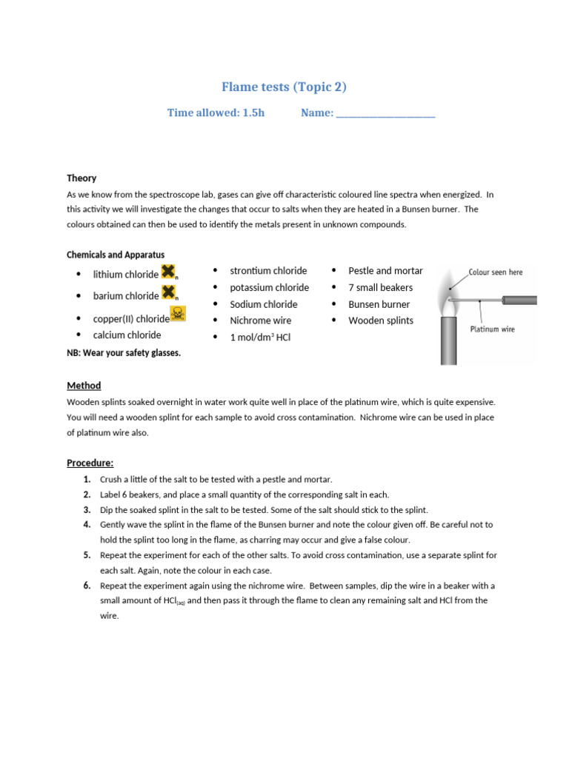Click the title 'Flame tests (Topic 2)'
(x=284, y=87)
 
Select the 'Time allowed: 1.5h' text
(x=216, y=113)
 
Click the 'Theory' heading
(x=81, y=178)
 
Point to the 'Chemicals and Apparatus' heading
(x=116, y=255)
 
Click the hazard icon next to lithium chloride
(x=169, y=272)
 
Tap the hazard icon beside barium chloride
(x=169, y=293)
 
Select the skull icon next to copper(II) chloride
(x=178, y=315)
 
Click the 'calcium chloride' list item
(x=127, y=335)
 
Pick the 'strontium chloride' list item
(x=268, y=271)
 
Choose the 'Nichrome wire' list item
(x=260, y=321)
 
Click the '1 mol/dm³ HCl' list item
(x=261, y=338)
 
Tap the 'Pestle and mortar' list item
(x=385, y=271)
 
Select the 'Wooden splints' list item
(x=381, y=321)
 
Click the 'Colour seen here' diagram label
(x=495, y=272)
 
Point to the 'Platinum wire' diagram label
(x=492, y=329)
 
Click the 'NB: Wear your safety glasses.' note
(x=124, y=353)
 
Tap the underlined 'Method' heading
(x=84, y=386)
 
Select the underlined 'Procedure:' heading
(x=90, y=463)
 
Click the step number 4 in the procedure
(x=87, y=524)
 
